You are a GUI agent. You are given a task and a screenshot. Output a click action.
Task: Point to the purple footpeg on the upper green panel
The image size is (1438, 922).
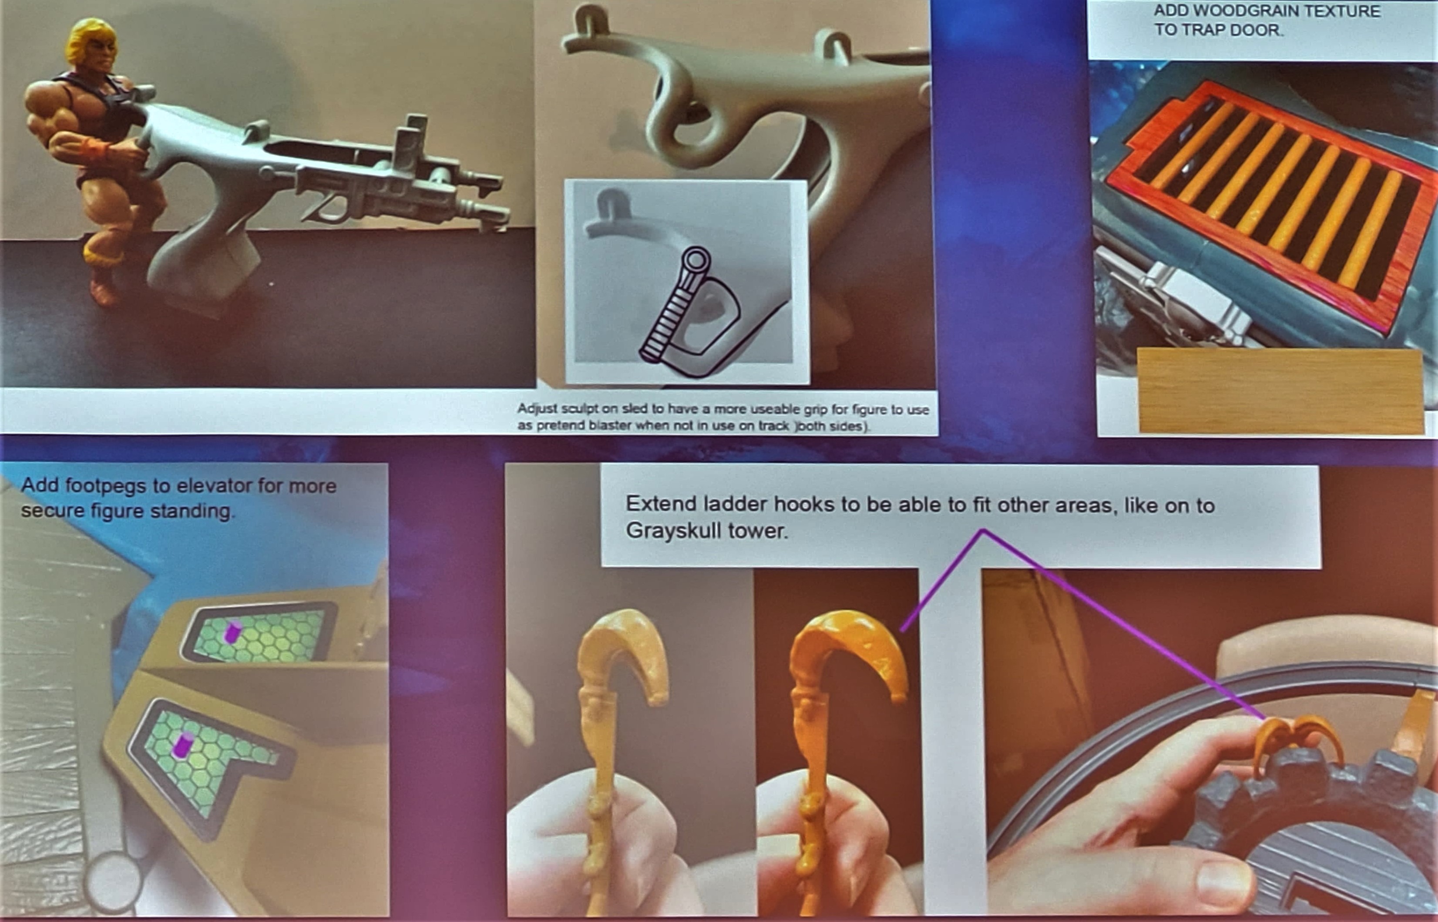(x=232, y=632)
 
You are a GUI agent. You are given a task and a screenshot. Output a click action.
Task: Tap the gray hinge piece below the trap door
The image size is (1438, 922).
(x=1188, y=299)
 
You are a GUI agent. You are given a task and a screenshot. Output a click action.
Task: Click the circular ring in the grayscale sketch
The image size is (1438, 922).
(x=695, y=260)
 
